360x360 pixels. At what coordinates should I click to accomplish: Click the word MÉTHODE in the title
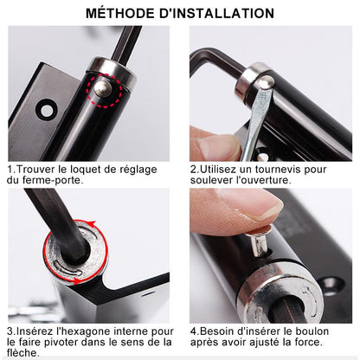[x=122, y=13]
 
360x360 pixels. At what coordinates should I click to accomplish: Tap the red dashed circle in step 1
[x=105, y=90]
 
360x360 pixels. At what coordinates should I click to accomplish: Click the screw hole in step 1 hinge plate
[x=47, y=110]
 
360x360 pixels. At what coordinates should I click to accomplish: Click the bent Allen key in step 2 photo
[x=215, y=61]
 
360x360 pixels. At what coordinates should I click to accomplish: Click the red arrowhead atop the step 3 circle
[x=92, y=223]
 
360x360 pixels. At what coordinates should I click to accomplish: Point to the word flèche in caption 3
[x=22, y=353]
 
